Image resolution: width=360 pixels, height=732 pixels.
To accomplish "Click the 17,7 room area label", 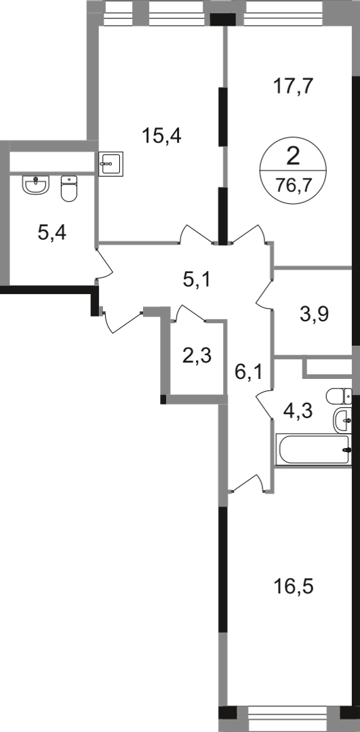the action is [x=292, y=87].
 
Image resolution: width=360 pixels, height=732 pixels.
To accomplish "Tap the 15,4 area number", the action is [x=161, y=136].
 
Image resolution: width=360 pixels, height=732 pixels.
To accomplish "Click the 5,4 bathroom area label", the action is [x=52, y=232].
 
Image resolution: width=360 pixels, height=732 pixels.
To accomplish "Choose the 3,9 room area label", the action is [x=315, y=314].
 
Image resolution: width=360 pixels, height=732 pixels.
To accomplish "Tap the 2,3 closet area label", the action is [x=197, y=357].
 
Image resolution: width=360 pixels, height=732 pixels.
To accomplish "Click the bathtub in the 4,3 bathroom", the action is [x=313, y=449].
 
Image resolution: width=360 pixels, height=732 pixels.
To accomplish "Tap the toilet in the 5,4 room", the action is [x=69, y=188].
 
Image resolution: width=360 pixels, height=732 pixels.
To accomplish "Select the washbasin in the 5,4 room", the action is [x=36, y=184].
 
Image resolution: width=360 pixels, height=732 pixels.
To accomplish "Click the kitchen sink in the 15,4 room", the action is [x=111, y=163].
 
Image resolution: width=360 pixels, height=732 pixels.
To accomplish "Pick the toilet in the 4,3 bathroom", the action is [x=339, y=396].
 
